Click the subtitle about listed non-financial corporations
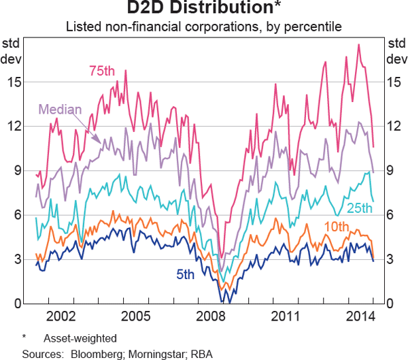click(x=204, y=28)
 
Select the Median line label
click(x=60, y=110)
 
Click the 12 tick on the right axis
click(x=392, y=126)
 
